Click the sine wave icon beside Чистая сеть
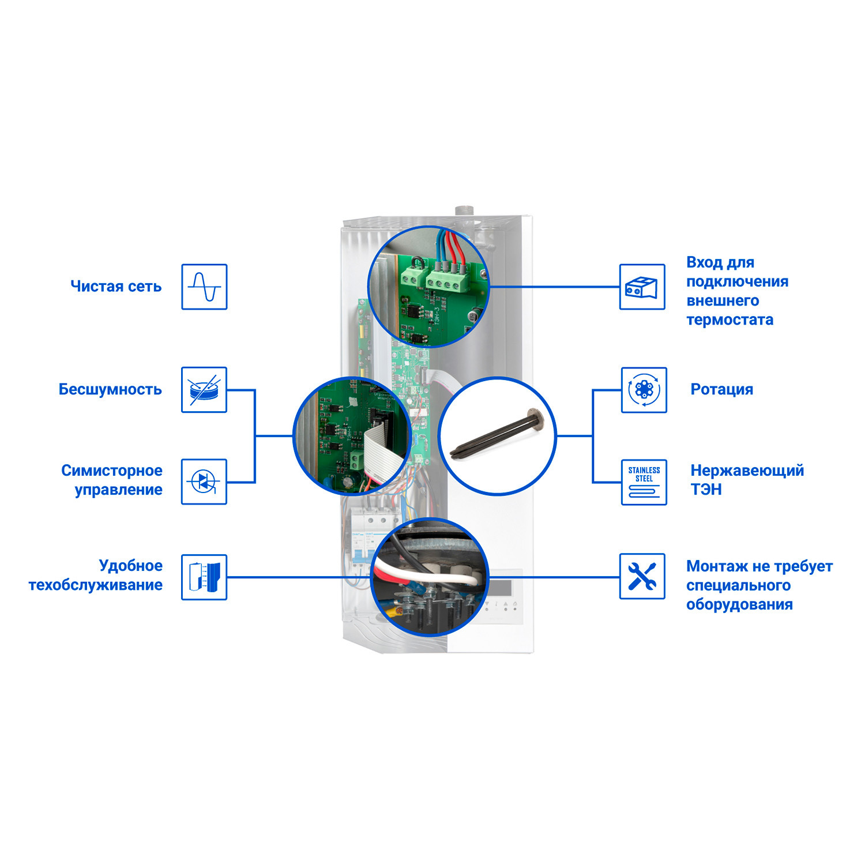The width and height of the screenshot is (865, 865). coord(204,287)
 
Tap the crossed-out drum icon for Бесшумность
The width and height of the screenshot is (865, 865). coord(204,390)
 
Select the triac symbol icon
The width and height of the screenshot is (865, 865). coord(204,482)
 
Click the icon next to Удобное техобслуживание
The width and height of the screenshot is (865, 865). coord(204,577)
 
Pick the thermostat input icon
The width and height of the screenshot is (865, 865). coord(642,287)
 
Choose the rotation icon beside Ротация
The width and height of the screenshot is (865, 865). coord(644,390)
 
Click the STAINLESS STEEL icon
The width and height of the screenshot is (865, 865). coord(644,482)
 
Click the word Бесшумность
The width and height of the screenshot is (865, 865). coord(110,389)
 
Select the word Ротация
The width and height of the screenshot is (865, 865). coord(721,389)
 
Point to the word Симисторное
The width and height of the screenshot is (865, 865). coord(112,471)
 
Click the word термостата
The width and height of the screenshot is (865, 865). coord(729,319)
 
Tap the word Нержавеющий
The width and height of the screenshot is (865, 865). coord(747,471)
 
